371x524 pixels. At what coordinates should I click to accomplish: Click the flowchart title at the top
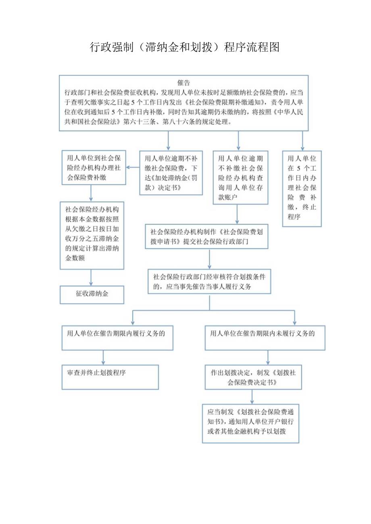click(x=185, y=47)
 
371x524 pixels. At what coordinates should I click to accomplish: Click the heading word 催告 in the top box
click(x=183, y=83)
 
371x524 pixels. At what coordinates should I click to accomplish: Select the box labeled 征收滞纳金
click(x=92, y=294)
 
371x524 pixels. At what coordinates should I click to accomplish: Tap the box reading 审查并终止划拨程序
click(x=110, y=377)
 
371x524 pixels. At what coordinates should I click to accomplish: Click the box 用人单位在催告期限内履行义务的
click(x=117, y=338)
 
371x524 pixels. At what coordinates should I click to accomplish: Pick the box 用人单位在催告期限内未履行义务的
click(x=265, y=338)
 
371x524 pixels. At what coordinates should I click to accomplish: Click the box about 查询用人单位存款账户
click(x=241, y=177)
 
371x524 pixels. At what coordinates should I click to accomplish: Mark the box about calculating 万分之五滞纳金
click(x=92, y=235)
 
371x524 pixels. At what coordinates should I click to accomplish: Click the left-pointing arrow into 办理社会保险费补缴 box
click(x=133, y=168)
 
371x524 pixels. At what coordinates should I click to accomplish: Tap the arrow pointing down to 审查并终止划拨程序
click(x=104, y=357)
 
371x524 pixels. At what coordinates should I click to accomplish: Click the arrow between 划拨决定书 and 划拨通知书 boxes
click(x=252, y=397)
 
